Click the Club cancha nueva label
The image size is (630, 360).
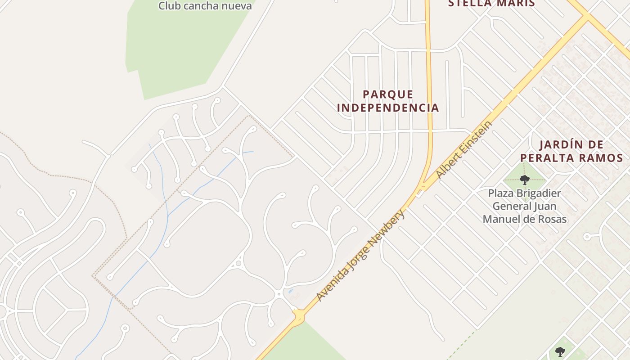[x=205, y=6]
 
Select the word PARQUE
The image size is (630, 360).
[x=388, y=94]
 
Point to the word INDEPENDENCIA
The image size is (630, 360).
[x=388, y=108]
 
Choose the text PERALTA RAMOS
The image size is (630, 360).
[x=571, y=158]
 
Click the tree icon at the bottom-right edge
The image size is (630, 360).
[x=560, y=351]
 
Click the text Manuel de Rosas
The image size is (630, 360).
[x=524, y=219]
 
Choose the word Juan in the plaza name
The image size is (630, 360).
[x=546, y=206]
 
